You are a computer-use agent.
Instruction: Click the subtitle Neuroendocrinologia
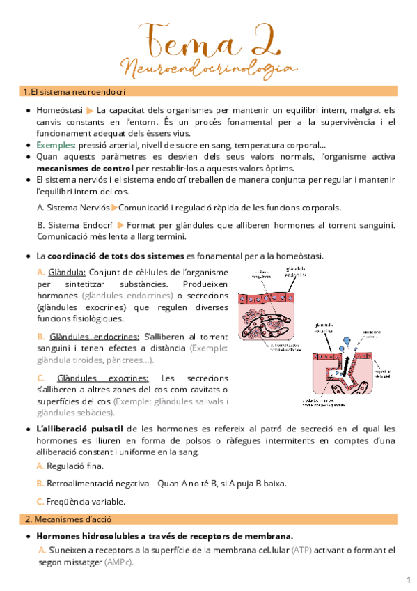pos(208,68)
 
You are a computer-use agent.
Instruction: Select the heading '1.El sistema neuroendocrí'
pos(70,91)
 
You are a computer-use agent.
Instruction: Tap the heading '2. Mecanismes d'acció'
pos(67,519)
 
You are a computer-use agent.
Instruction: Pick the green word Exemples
pos(55,145)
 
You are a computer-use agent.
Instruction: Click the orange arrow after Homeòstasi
pos(91,110)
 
